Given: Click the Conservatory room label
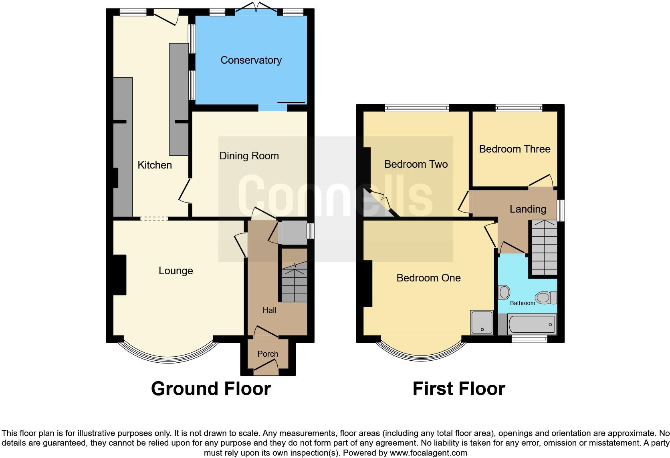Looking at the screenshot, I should tap(251, 60).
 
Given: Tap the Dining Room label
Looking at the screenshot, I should tap(249, 156).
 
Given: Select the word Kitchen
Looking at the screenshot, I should tap(155, 165).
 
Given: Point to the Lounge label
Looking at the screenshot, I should tap(176, 271).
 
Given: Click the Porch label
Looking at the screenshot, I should tap(268, 354).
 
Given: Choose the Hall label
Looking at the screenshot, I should tap(269, 310).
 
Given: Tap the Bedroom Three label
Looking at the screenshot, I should tap(515, 149).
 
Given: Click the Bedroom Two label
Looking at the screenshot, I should tap(416, 164).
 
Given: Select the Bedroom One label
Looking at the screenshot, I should tap(428, 278).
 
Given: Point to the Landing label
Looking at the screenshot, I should tap(528, 209).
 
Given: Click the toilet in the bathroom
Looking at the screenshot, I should tap(546, 297).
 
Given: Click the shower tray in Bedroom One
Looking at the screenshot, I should tap(482, 323).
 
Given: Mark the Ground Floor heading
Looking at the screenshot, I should tap(211, 389).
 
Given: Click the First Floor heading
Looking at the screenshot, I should tap(458, 389).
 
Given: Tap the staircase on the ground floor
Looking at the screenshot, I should tap(294, 285).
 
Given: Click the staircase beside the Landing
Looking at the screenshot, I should tap(544, 248).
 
